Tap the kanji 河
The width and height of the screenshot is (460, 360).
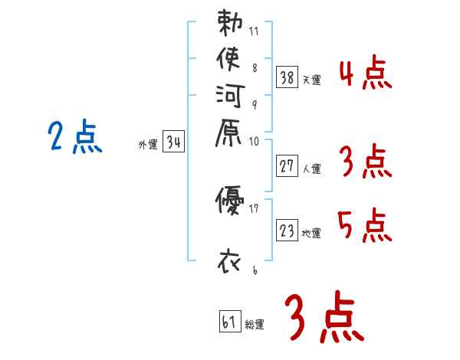(229, 98)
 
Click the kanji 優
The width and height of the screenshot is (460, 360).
(229, 201)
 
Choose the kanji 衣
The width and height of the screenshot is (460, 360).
(229, 261)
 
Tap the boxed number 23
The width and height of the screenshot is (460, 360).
(287, 230)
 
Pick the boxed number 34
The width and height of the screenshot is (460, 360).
(173, 142)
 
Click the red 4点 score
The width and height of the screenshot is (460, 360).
(365, 74)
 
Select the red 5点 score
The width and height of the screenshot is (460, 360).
(365, 226)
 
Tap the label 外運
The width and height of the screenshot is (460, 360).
(147, 144)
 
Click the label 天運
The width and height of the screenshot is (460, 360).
(311, 79)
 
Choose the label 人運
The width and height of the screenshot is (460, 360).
(311, 169)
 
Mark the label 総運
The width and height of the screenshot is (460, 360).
(255, 325)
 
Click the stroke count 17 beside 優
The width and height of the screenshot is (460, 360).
(254, 208)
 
